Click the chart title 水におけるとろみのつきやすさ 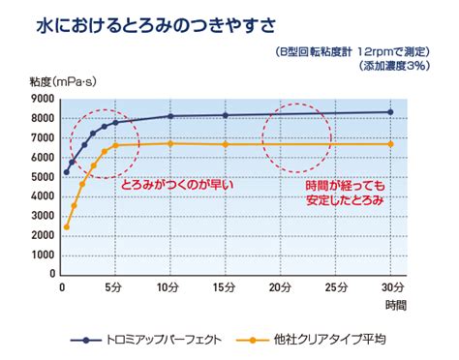point(156,26)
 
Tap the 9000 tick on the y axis point(43,99)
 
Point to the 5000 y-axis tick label point(43,177)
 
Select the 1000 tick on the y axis point(43,255)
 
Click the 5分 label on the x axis point(113,286)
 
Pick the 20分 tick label point(280,286)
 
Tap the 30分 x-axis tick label point(392,286)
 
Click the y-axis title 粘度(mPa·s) point(63,81)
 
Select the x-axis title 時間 point(396,305)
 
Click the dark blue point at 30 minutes point(390,112)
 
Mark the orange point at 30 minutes point(390,144)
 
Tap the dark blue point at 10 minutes point(170,116)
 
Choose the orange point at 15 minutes point(226,144)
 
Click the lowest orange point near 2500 point(67,227)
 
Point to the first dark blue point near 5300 point(67,172)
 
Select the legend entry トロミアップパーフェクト point(146,340)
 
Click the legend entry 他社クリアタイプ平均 point(311,340)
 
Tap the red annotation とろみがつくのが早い point(177,185)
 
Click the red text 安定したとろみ point(345,200)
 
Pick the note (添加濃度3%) point(395,66)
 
